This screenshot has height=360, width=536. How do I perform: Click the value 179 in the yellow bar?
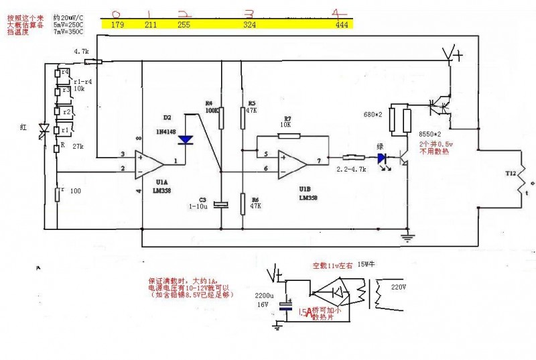click(118, 25)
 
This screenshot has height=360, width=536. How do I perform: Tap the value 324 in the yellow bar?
click(250, 25)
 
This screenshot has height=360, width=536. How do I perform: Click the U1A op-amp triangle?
click(148, 163)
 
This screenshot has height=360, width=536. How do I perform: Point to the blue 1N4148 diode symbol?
click(186, 139)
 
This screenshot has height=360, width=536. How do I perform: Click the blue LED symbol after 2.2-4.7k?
click(382, 159)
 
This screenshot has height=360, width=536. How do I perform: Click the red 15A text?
click(305, 312)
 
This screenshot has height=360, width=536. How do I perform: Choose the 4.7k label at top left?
click(82, 52)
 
